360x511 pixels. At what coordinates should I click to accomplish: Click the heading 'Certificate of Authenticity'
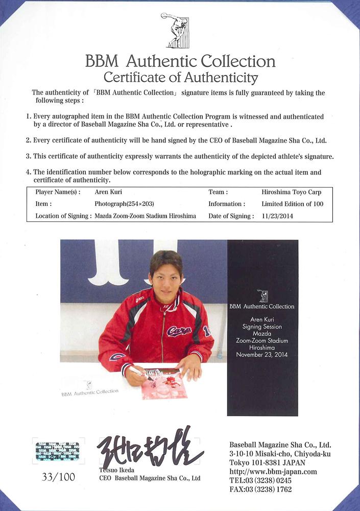click(180, 78)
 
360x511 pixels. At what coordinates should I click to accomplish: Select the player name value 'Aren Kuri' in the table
click(109, 192)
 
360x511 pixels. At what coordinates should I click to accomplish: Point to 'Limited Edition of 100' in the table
click(292, 204)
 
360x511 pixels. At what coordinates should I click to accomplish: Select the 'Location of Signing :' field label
click(64, 216)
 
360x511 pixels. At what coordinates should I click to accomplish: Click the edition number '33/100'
click(58, 477)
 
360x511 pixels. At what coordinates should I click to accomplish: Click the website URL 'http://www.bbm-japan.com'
click(273, 472)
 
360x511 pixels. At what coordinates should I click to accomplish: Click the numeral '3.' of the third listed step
click(29, 156)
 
